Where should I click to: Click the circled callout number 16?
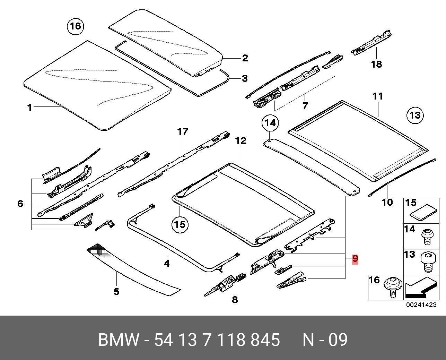pyautogui.click(x=76, y=26)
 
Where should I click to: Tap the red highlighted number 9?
pyautogui.click(x=355, y=259)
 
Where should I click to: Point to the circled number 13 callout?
pyautogui.click(x=415, y=115)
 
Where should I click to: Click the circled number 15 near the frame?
pyautogui.click(x=180, y=224)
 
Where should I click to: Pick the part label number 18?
pyautogui.click(x=376, y=64)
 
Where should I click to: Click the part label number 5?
pyautogui.click(x=116, y=292)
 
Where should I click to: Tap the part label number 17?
pyautogui.click(x=183, y=132)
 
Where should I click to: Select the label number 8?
pyautogui.click(x=235, y=300)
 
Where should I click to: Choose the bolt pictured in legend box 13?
pyautogui.click(x=427, y=262)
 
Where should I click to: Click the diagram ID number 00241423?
pyautogui.click(x=421, y=305)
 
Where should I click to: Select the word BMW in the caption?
pyautogui.click(x=119, y=340)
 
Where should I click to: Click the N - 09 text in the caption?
pyautogui.click(x=325, y=340)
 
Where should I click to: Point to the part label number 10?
pyautogui.click(x=387, y=202)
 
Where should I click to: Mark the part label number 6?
pyautogui.click(x=20, y=204)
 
